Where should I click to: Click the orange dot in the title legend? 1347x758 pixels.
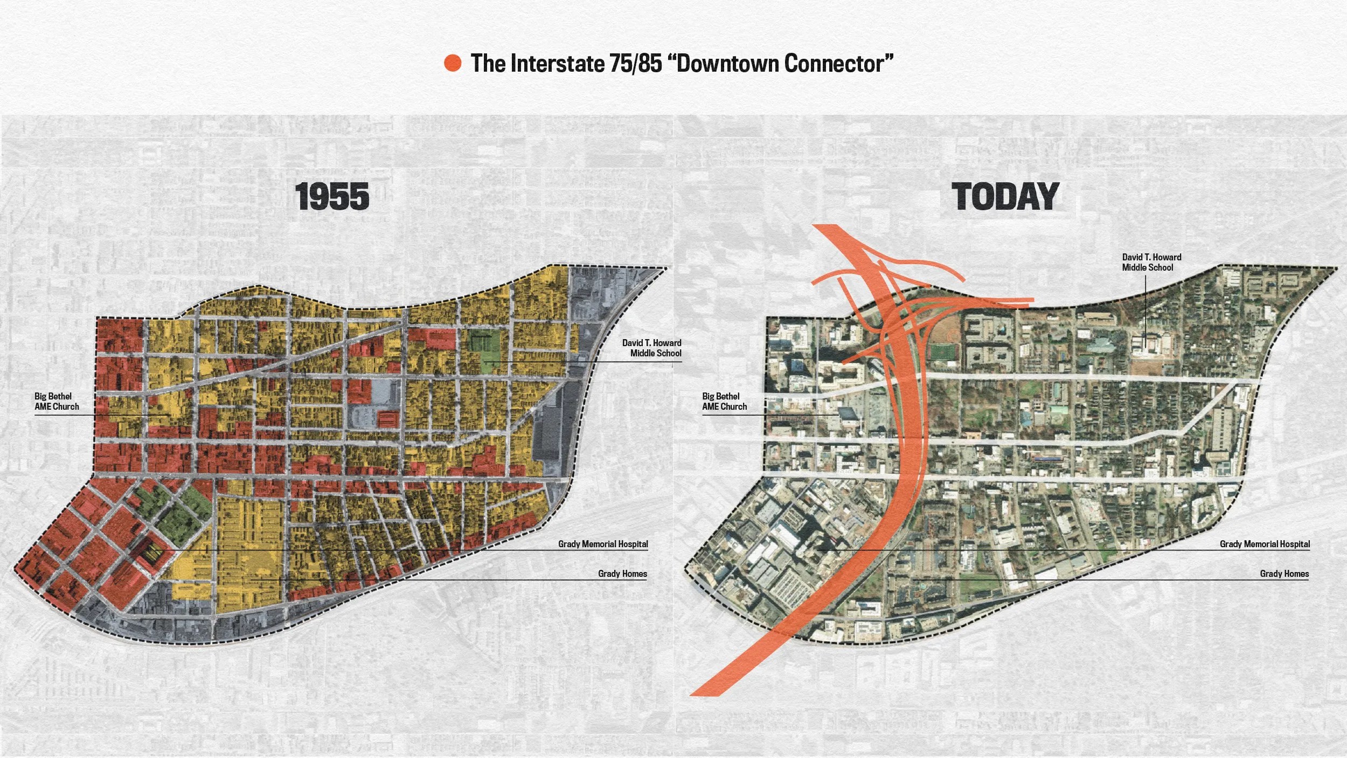[453, 63]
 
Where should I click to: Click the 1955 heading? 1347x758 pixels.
[332, 197]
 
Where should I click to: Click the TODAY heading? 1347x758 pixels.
[1005, 197]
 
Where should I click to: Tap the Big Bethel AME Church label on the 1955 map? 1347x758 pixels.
[57, 402]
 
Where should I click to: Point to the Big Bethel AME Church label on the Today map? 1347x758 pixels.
[724, 402]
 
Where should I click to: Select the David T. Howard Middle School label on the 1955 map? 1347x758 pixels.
[652, 348]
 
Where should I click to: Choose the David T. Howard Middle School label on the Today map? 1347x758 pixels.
[1151, 263]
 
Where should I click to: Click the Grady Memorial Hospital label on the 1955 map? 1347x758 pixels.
[603, 544]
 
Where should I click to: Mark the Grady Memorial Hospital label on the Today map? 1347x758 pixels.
[1265, 544]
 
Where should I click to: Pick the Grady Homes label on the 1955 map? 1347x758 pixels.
[622, 574]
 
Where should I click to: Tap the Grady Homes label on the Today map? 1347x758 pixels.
[1284, 574]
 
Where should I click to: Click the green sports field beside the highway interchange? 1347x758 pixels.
[943, 353]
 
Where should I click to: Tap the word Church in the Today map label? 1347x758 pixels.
[733, 406]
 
